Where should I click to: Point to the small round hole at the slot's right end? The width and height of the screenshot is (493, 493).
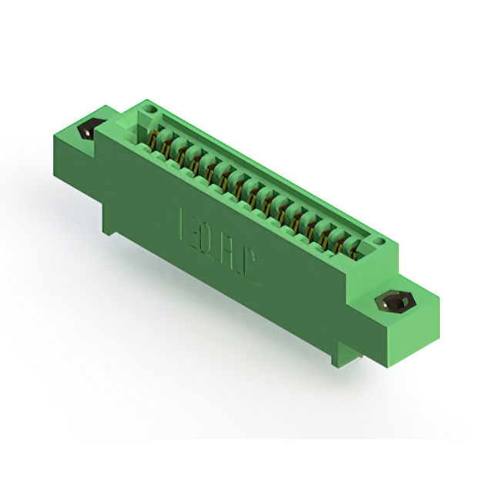377,242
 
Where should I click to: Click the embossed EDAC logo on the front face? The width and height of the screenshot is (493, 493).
220,238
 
